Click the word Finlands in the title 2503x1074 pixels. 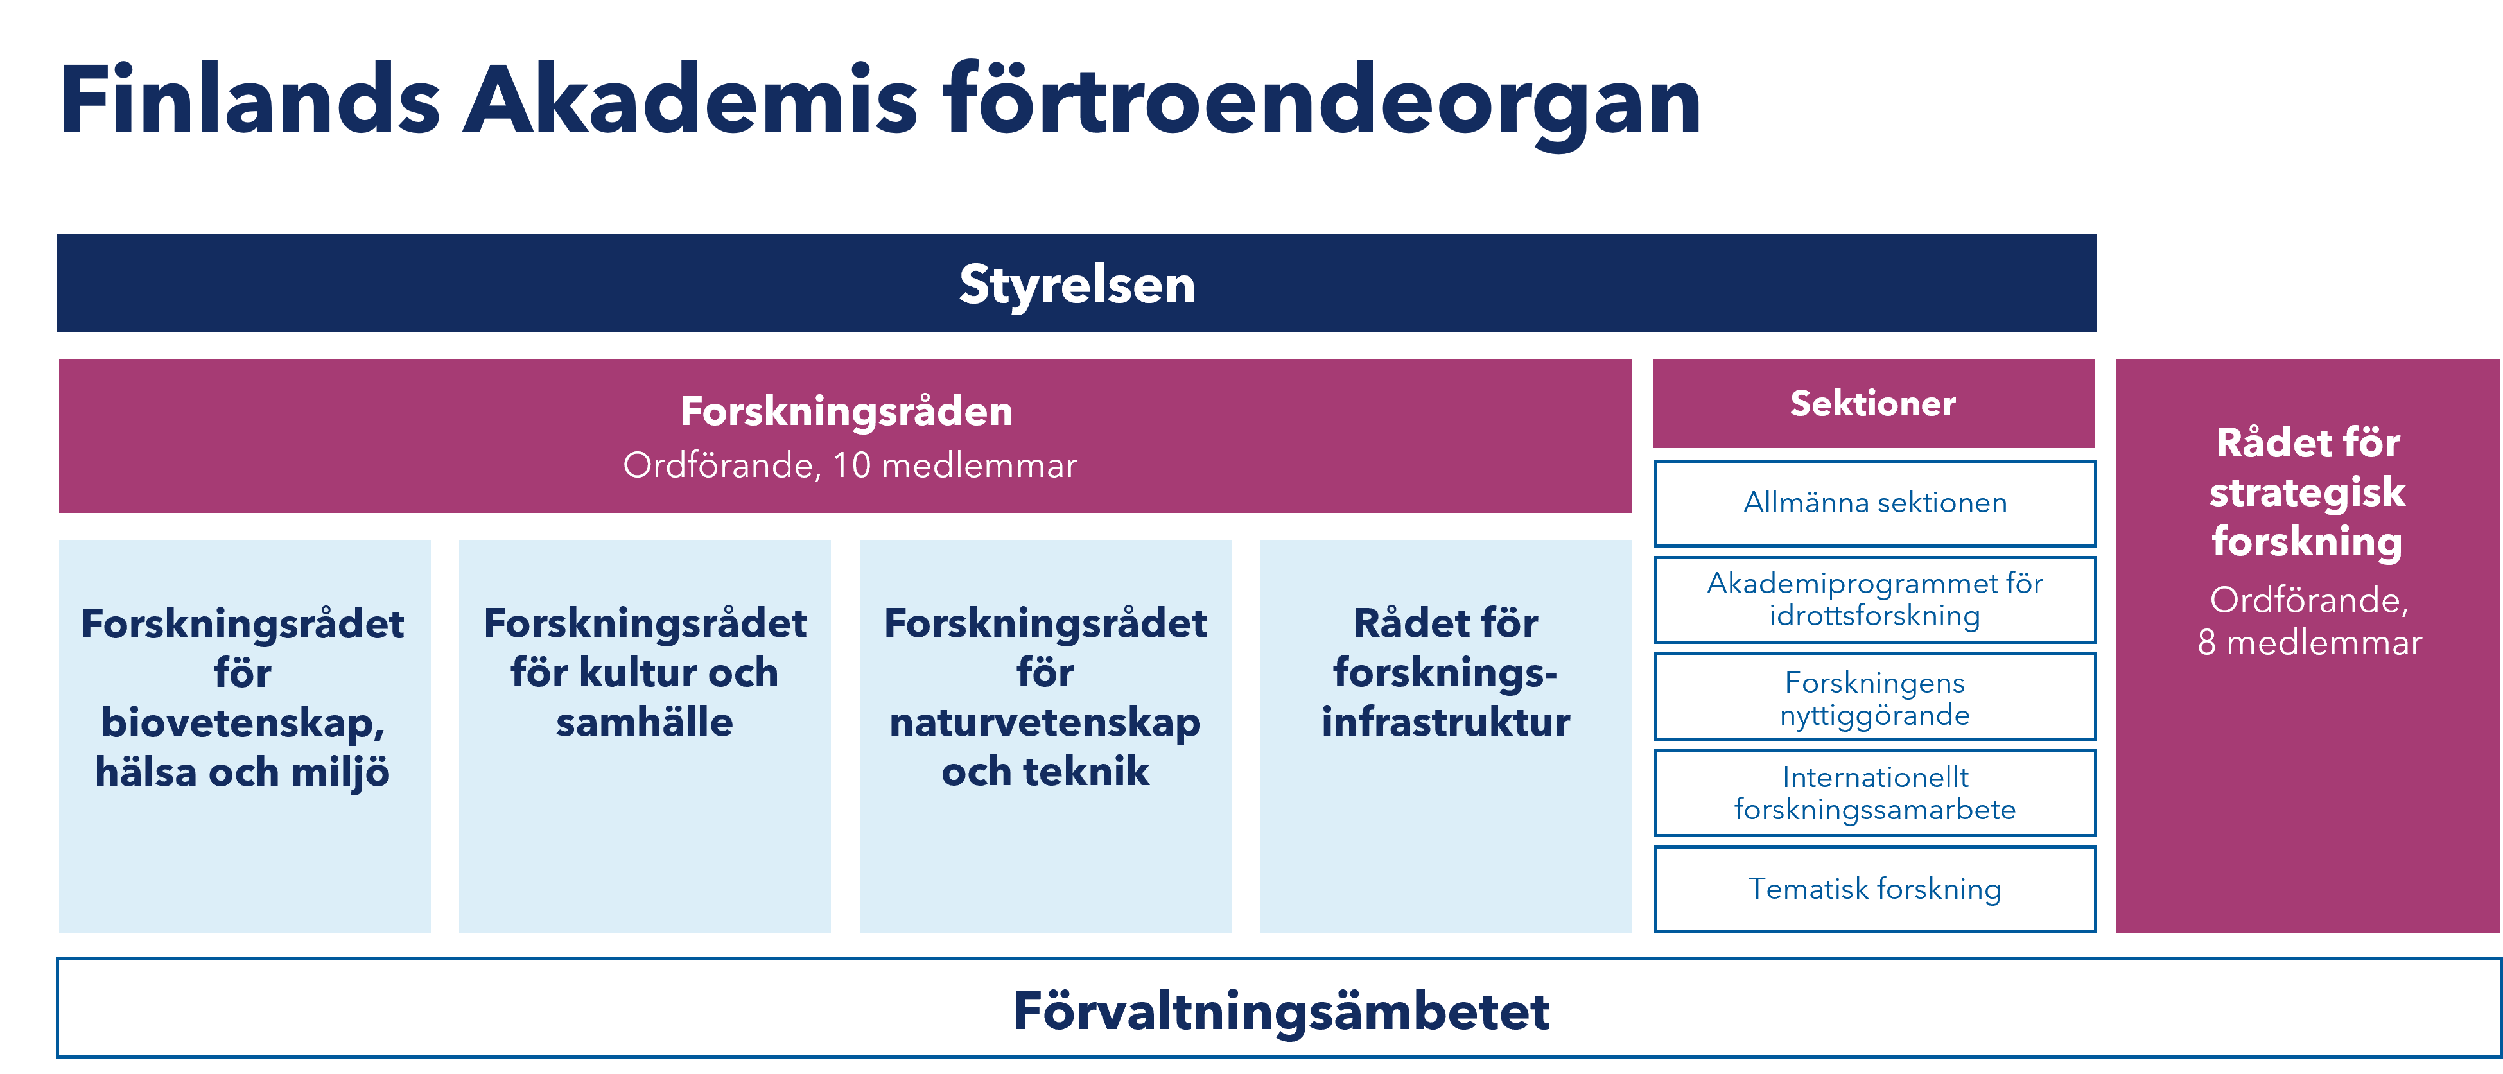250,99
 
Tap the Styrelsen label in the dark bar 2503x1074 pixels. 1077,284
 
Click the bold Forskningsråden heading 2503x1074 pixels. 846,411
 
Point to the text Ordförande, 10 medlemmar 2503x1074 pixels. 850,465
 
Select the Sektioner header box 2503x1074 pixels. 1873,403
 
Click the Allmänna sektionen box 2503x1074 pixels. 1874,503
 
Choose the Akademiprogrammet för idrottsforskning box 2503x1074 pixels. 1874,599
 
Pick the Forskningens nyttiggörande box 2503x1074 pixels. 1874,697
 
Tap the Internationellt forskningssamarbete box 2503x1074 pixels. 1874,792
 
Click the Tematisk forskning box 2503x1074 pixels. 1874,888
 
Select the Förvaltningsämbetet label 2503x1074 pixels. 1280,1011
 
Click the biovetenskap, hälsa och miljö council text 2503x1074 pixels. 243,697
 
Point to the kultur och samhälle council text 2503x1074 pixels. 644,672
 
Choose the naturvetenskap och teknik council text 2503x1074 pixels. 1045,697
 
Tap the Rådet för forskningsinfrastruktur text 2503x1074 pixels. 1446,672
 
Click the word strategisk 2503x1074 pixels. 2308,493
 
